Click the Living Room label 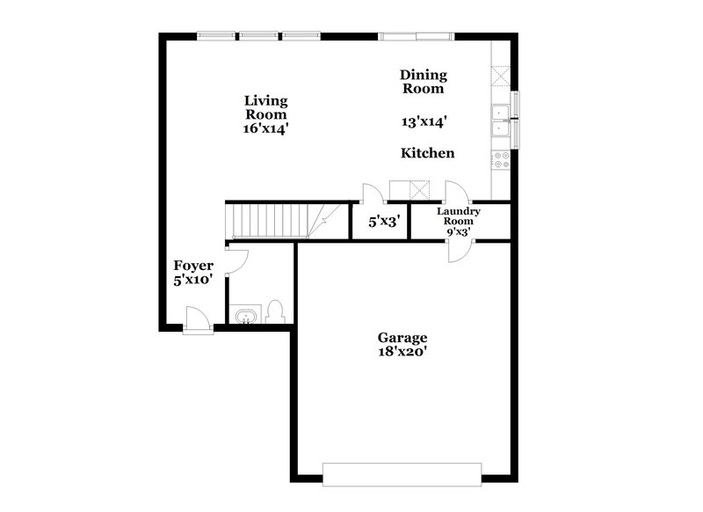click(265, 107)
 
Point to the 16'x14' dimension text click(266, 128)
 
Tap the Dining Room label click(424, 82)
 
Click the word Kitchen click(427, 153)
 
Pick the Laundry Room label click(459, 216)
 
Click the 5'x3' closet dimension click(384, 223)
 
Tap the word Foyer click(192, 266)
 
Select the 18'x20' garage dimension click(402, 352)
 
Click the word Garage click(402, 337)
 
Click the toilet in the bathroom click(275, 311)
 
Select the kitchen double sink click(502, 121)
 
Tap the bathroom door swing click(237, 259)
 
